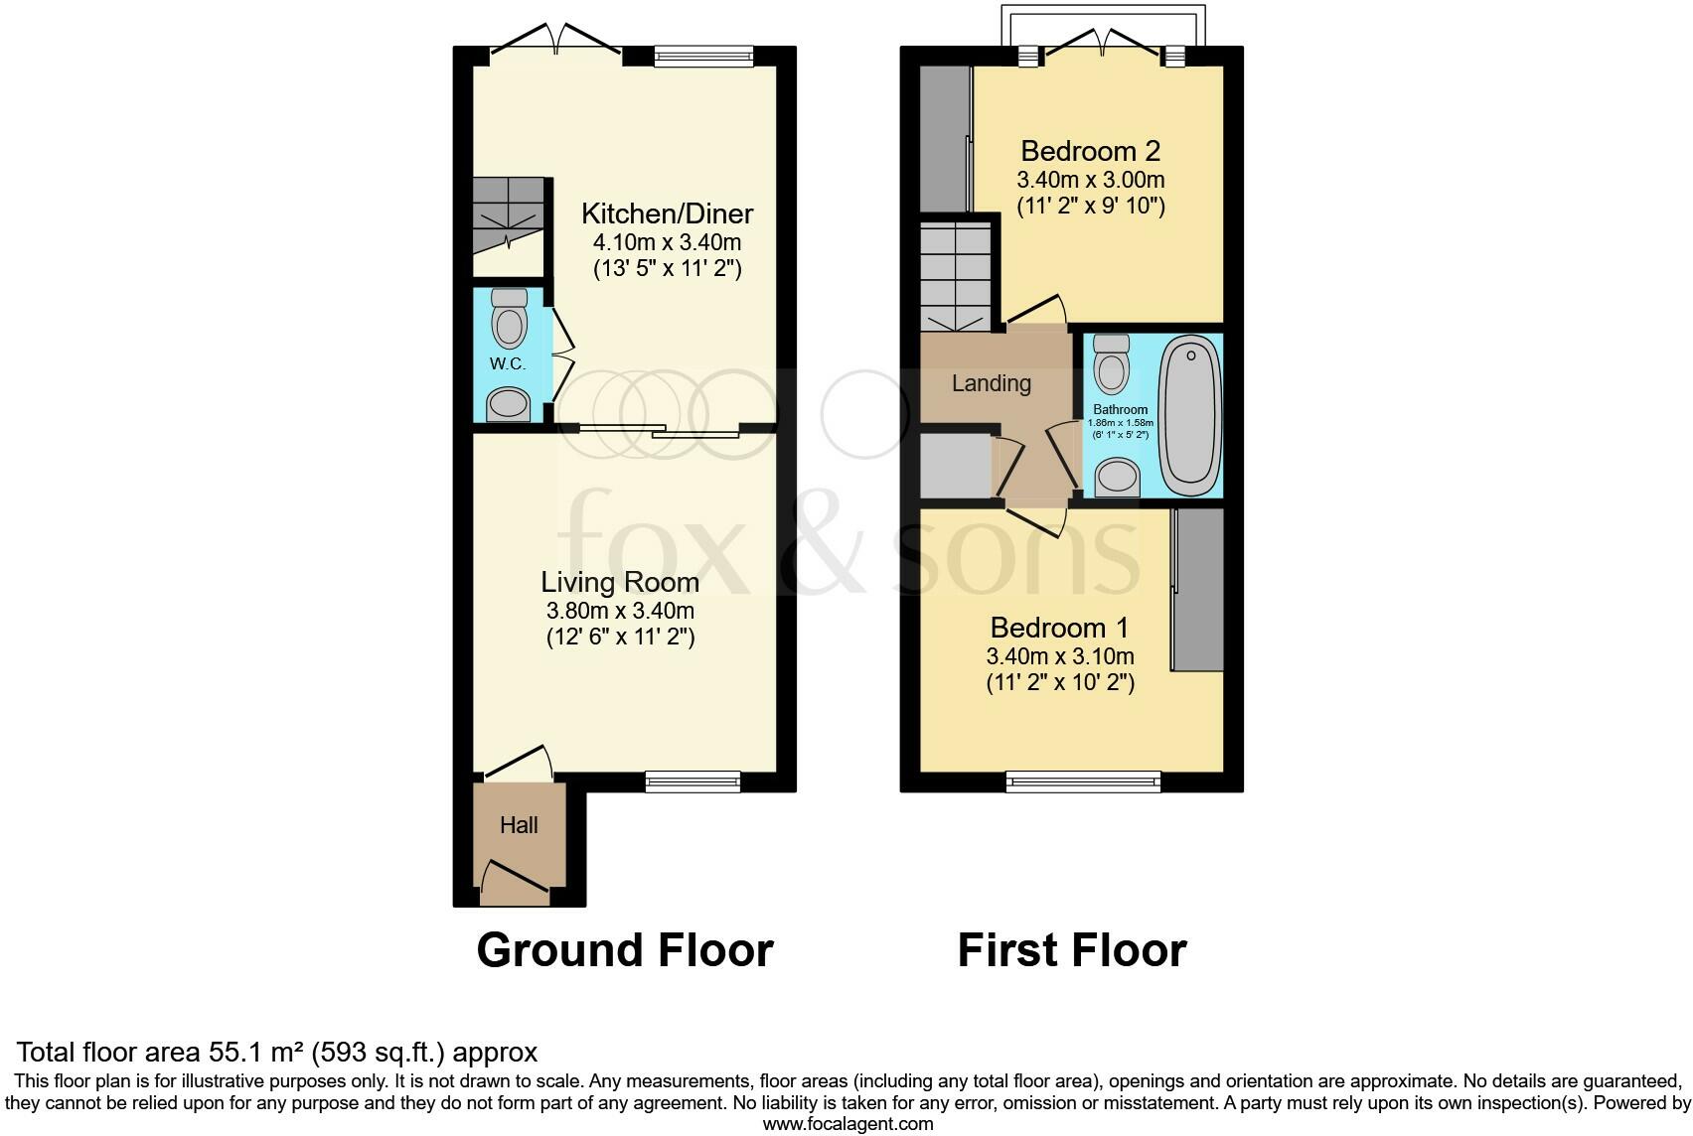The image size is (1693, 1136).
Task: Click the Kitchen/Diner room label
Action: pos(667,213)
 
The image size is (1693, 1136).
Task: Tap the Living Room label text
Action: pos(619,582)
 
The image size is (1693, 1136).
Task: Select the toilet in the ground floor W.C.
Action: pos(510,319)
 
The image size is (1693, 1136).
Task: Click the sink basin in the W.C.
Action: pos(509,404)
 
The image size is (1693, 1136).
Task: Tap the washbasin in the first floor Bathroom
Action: pos(1118,477)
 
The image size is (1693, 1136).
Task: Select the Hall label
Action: pos(519,825)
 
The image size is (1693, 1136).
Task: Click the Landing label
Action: pos(991,383)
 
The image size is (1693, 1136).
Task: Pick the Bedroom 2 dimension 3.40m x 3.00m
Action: pos(1090,181)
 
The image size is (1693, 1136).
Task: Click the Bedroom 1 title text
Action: pos(1059,628)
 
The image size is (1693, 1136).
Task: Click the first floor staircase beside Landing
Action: pos(956,276)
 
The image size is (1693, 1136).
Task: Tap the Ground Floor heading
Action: pos(624,950)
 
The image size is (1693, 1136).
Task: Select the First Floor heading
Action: pos(1071,950)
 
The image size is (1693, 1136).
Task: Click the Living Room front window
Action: pos(693,782)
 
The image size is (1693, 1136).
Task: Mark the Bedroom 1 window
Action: pos(1083,782)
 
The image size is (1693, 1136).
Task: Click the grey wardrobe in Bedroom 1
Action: pos(1198,590)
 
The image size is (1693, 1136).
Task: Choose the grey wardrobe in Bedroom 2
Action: pos(943,139)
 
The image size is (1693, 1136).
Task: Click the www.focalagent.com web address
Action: pos(847,1124)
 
